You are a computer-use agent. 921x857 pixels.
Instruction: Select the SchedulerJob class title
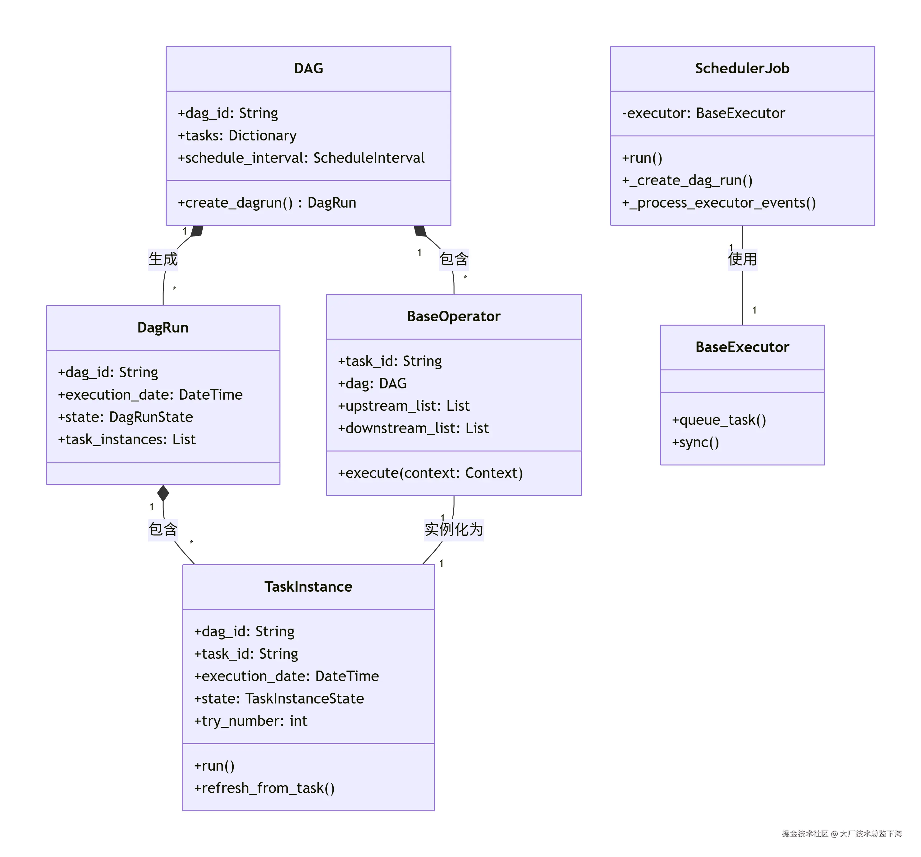click(x=742, y=69)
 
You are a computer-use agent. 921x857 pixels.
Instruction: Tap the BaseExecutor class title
click(x=742, y=347)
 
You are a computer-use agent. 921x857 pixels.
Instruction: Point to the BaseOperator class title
click(x=454, y=316)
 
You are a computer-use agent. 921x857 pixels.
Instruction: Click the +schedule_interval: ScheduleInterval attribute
click(x=301, y=158)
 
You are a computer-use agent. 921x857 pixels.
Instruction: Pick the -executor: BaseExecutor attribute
click(x=703, y=113)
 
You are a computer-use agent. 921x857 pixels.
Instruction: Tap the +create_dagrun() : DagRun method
click(x=267, y=203)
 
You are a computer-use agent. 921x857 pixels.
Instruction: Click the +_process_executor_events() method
click(x=718, y=203)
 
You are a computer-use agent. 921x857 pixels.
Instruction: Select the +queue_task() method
click(x=718, y=420)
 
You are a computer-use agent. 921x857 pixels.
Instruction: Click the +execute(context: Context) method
click(x=430, y=473)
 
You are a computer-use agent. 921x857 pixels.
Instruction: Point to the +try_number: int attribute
click(x=251, y=721)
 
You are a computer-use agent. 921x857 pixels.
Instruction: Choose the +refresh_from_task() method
click(x=264, y=788)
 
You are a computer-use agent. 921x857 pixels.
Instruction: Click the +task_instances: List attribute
click(x=126, y=439)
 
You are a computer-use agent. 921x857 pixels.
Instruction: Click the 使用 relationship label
click(x=742, y=259)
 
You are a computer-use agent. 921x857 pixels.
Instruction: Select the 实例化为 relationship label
click(x=454, y=529)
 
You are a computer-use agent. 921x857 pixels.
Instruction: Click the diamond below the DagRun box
click(x=163, y=493)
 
